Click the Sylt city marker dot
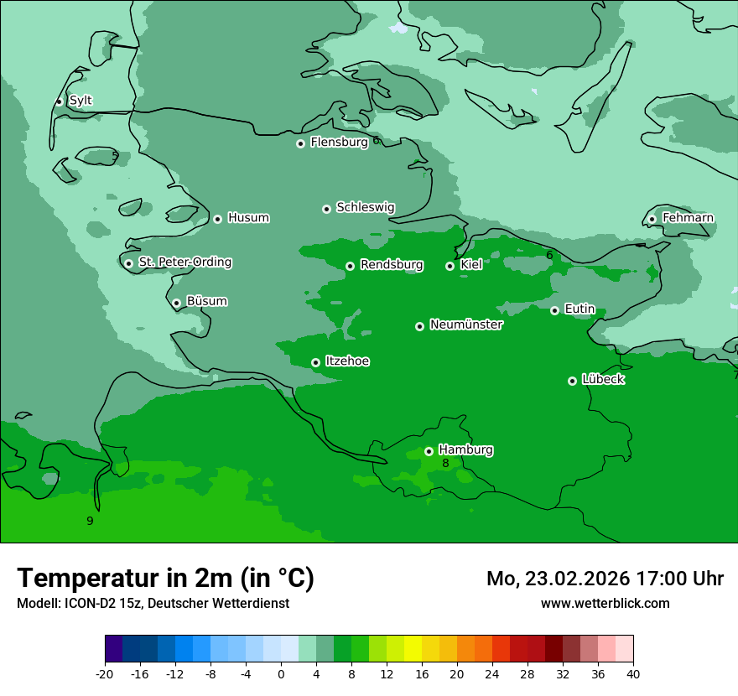point(59,101)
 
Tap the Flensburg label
point(339,143)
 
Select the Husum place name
point(248,218)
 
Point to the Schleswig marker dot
point(326,209)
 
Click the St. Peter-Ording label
point(184,262)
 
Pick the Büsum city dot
point(176,303)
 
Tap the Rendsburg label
point(391,265)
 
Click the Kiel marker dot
point(450,266)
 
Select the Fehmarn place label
point(688,218)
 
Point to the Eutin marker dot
point(554,310)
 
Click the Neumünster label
point(466,325)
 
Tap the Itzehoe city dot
point(315,362)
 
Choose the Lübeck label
point(603,380)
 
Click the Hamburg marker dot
point(429,451)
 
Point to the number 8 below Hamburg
point(445,463)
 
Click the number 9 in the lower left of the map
point(90,521)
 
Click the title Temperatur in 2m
point(165,578)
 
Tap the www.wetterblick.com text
point(605,603)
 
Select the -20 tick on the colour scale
point(105,673)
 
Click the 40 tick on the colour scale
point(633,673)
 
